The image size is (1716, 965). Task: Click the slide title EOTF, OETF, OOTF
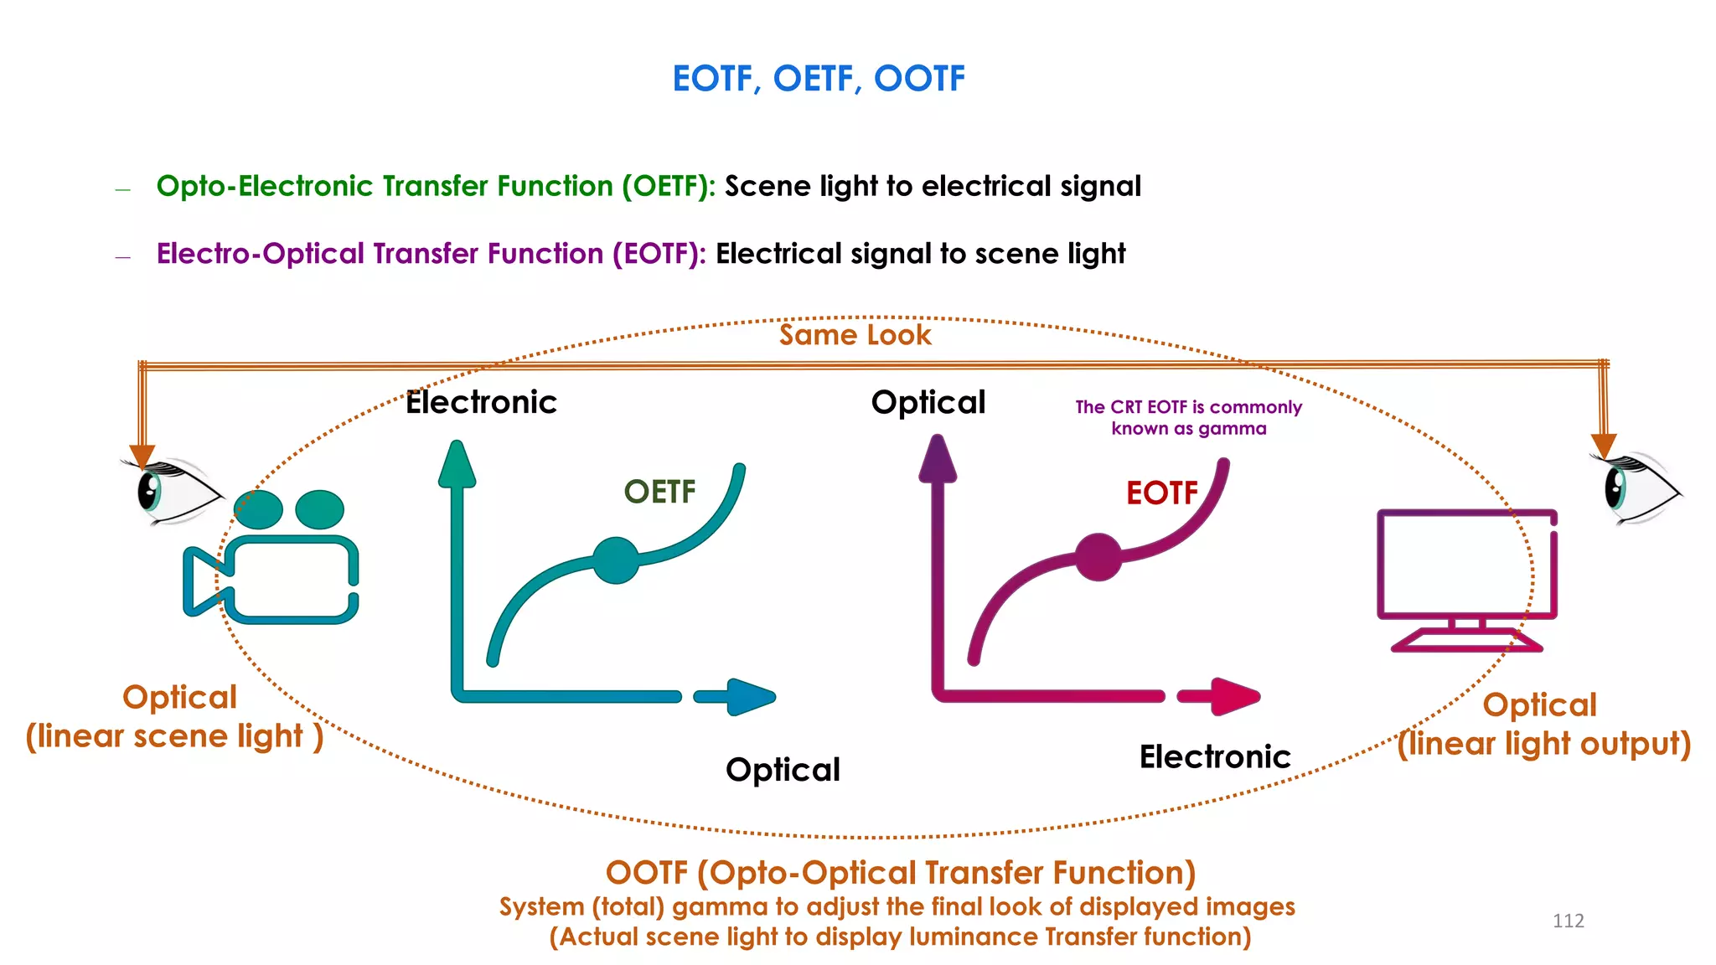point(819,79)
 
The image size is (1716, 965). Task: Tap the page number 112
point(1568,921)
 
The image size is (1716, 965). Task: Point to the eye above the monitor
point(1634,488)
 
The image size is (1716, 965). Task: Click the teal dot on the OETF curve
point(616,560)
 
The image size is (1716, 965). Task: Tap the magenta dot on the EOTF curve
point(1098,557)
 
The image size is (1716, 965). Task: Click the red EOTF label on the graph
point(1162,493)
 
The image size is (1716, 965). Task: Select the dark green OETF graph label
point(659,492)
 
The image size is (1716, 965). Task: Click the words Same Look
point(855,335)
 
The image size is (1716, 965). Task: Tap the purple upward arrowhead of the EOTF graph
point(938,461)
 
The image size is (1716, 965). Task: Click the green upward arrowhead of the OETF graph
point(457,465)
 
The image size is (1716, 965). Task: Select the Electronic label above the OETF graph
point(481,403)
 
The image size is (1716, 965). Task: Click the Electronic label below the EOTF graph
point(1214,756)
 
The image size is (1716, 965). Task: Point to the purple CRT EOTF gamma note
point(1188,418)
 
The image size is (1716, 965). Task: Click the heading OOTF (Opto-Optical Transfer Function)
point(900,873)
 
